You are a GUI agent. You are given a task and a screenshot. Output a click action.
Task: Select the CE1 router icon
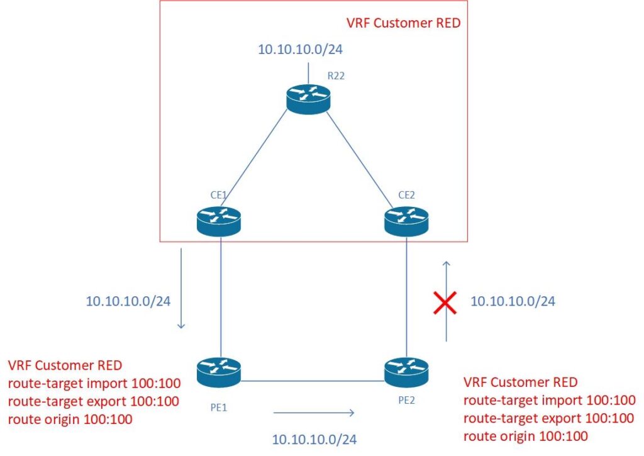(218, 219)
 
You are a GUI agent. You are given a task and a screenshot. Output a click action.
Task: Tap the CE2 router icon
(406, 219)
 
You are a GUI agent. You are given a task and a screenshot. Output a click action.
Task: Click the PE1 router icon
(218, 372)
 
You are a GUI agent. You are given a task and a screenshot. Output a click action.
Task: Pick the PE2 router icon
(406, 372)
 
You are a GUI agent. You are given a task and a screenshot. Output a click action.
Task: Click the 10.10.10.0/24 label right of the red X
(513, 301)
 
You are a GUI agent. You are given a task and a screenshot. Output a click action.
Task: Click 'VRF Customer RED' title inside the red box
(403, 23)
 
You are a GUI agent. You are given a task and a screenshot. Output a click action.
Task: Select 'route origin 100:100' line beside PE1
(70, 419)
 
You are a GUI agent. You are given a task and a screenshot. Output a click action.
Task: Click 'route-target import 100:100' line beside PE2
(549, 400)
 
